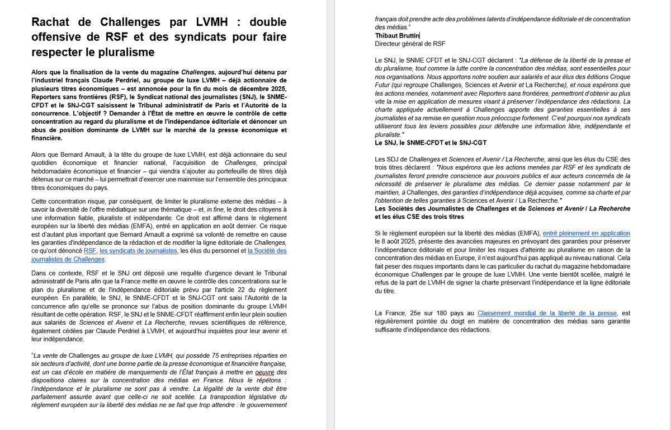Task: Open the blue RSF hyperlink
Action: point(90,251)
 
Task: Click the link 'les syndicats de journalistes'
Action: point(139,251)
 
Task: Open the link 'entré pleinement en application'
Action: point(586,233)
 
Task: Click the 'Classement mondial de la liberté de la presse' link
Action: point(547,313)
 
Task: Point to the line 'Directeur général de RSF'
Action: point(410,44)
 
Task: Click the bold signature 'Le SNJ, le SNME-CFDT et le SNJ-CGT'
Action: point(431,143)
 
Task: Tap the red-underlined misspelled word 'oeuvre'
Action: point(263,372)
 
